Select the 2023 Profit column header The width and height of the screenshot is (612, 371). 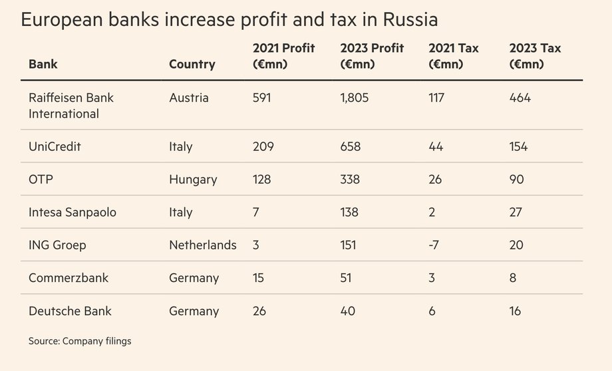(x=371, y=57)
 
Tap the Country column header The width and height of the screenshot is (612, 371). (x=192, y=64)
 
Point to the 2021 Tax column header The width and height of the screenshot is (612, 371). (x=453, y=57)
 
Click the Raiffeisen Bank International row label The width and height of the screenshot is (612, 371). (x=71, y=106)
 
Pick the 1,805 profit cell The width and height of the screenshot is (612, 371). (x=354, y=98)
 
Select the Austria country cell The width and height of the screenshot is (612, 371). (x=189, y=98)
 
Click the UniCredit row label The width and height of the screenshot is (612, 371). (x=55, y=147)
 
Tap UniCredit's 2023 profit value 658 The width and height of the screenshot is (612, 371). (x=350, y=147)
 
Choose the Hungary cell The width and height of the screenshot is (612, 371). (x=193, y=180)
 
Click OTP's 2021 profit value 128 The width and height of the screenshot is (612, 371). (x=263, y=180)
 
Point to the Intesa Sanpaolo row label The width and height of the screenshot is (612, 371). (x=73, y=213)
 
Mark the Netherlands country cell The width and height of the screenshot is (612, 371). (x=203, y=245)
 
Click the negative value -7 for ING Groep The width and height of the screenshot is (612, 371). (x=434, y=245)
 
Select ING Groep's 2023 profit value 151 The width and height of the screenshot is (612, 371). (x=348, y=245)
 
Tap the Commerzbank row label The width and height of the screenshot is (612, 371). (x=69, y=278)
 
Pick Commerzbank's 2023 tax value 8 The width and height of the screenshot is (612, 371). (x=513, y=278)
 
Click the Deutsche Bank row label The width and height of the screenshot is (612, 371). (x=70, y=311)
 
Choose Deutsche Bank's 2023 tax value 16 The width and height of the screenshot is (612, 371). (x=515, y=311)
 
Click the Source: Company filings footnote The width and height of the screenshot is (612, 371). (x=80, y=341)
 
